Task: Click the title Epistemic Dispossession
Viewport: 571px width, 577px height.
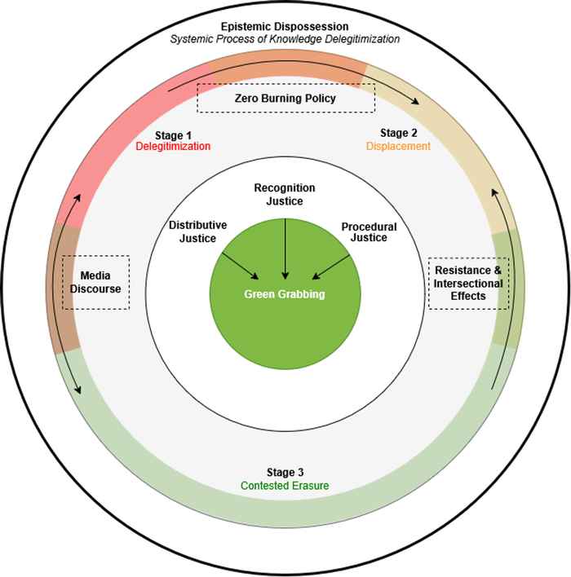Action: (285, 25)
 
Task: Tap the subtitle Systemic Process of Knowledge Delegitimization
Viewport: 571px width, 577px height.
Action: (285, 38)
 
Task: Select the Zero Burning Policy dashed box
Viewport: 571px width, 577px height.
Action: (285, 99)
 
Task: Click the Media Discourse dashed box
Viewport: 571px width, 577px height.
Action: (96, 282)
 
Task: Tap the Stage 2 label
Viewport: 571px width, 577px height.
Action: (397, 132)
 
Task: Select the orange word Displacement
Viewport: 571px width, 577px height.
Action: (398, 146)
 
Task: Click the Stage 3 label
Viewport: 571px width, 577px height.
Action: (285, 473)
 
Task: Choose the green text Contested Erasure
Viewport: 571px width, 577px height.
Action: (285, 486)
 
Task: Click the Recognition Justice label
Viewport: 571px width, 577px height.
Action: (285, 194)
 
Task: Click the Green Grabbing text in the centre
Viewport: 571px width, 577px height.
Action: (285, 294)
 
